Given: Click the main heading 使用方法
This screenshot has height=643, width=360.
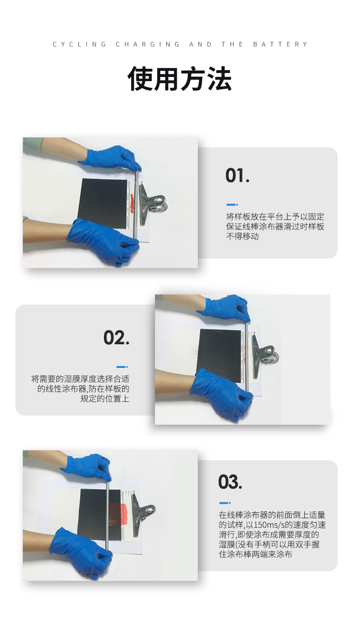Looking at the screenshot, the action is (180, 79).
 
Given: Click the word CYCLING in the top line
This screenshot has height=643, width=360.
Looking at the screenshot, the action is (80, 44).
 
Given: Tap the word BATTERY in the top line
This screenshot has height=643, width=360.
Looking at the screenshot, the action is (280, 44).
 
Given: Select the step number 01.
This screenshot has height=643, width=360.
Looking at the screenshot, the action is (237, 175).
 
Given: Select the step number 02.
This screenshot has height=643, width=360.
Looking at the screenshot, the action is (116, 337).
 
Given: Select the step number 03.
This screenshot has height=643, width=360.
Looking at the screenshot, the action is (230, 482).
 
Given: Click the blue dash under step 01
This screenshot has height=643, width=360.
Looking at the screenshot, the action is (232, 204).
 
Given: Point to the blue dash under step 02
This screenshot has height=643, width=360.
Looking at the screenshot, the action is (122, 367).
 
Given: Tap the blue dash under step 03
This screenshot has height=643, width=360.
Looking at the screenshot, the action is (225, 503).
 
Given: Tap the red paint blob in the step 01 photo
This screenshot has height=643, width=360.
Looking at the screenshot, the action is (132, 203).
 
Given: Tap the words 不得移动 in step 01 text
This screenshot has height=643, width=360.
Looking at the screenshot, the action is (242, 236).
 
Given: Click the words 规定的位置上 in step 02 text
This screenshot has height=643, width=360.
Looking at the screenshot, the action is (105, 398).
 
